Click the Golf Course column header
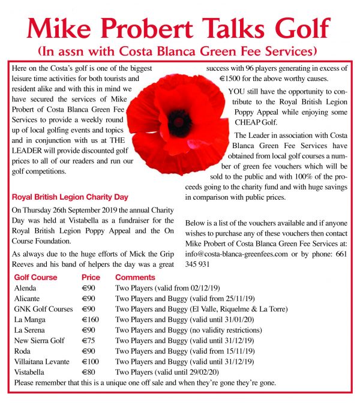click(x=35, y=278)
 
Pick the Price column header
click(x=91, y=278)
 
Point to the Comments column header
click(x=135, y=278)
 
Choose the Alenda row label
click(x=25, y=288)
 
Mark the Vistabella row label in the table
click(x=30, y=371)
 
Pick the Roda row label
click(x=22, y=351)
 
